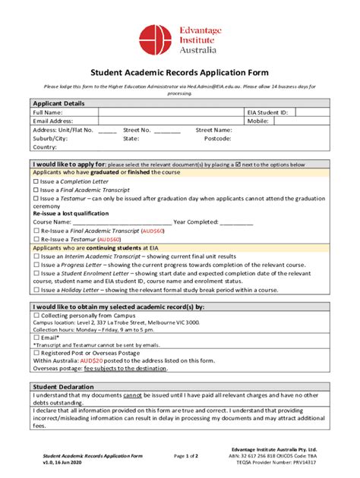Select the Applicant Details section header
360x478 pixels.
pyautogui.click(x=58, y=103)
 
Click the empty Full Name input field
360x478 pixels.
pyautogui.click(x=172, y=112)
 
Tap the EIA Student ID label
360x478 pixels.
pyautogui.click(x=268, y=112)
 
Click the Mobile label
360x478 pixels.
pyautogui.click(x=258, y=121)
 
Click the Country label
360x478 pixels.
pyautogui.click(x=45, y=147)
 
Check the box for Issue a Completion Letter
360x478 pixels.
pyautogui.click(x=36, y=182)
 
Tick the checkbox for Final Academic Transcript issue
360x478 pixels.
pyautogui.click(x=36, y=190)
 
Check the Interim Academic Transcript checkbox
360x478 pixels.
pyautogui.click(x=36, y=256)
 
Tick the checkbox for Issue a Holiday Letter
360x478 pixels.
pyautogui.click(x=36, y=289)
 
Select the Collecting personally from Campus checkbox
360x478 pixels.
pyautogui.click(x=36, y=314)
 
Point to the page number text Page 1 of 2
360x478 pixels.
pyautogui.click(x=185, y=455)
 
